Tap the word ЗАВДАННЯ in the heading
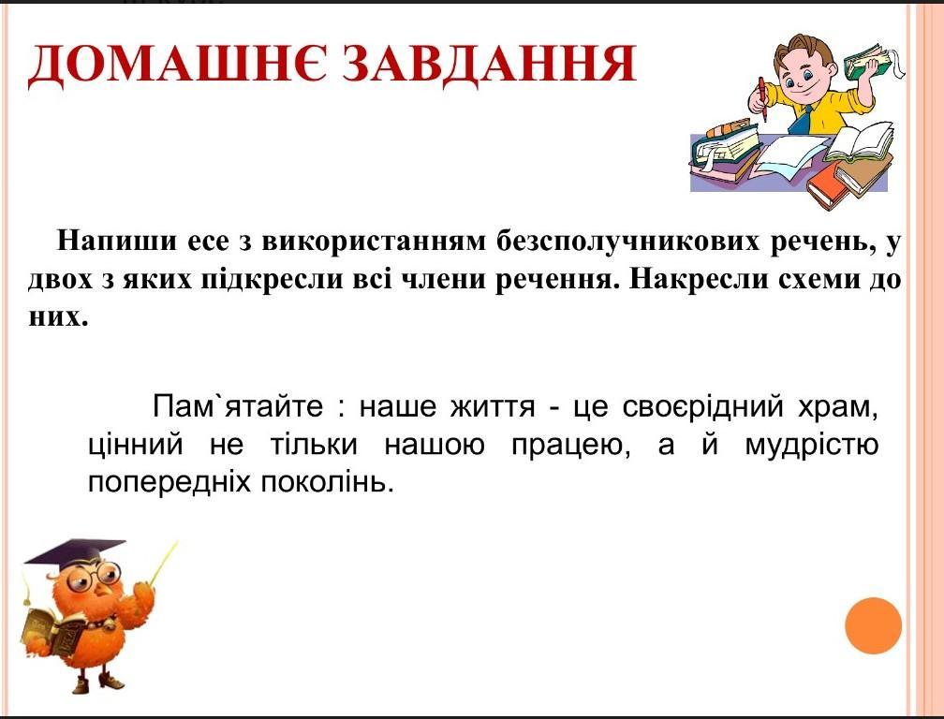click(x=490, y=63)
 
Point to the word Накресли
click(x=690, y=280)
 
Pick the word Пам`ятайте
click(x=238, y=406)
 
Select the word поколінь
click(x=327, y=482)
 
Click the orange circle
click(x=873, y=625)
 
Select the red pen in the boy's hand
click(x=762, y=98)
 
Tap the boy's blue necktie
click(x=802, y=120)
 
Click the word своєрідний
click(x=702, y=407)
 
